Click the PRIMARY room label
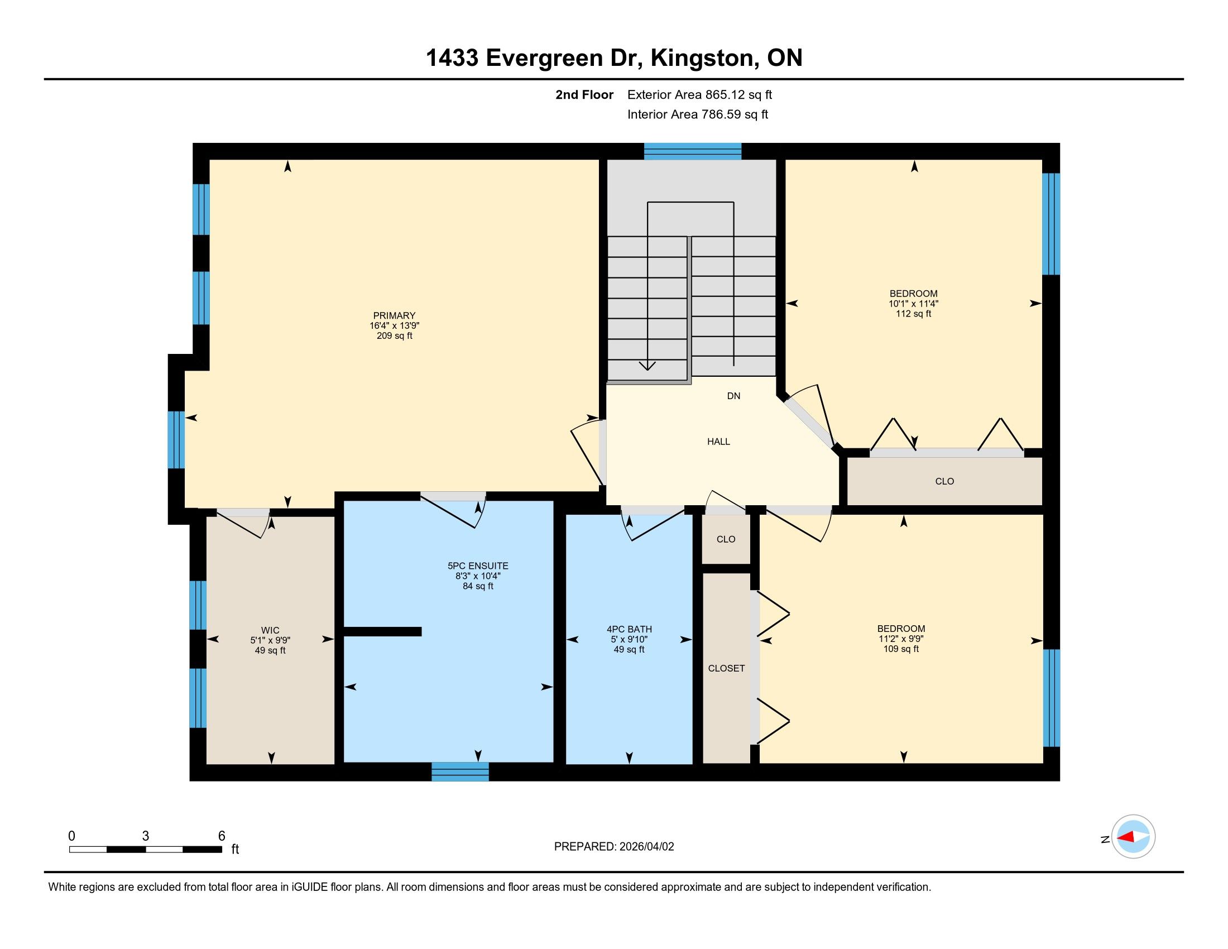coord(394,315)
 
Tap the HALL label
coord(718,442)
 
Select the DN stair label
coord(734,396)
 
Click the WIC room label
coord(270,630)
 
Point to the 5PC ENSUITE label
coord(478,566)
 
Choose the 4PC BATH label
coord(629,629)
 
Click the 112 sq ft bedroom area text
coord(914,314)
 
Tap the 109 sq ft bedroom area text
coord(901,649)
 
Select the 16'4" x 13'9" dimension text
coord(394,325)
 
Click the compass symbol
coord(1133,837)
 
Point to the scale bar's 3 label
coord(146,836)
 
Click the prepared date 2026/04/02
coord(646,847)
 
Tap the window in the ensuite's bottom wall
coord(460,772)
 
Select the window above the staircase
coord(693,151)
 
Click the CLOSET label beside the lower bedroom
coord(726,668)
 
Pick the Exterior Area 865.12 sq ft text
coord(699,94)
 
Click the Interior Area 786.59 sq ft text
coord(697,114)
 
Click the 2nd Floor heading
coord(584,94)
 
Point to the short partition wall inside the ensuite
coord(382,631)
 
